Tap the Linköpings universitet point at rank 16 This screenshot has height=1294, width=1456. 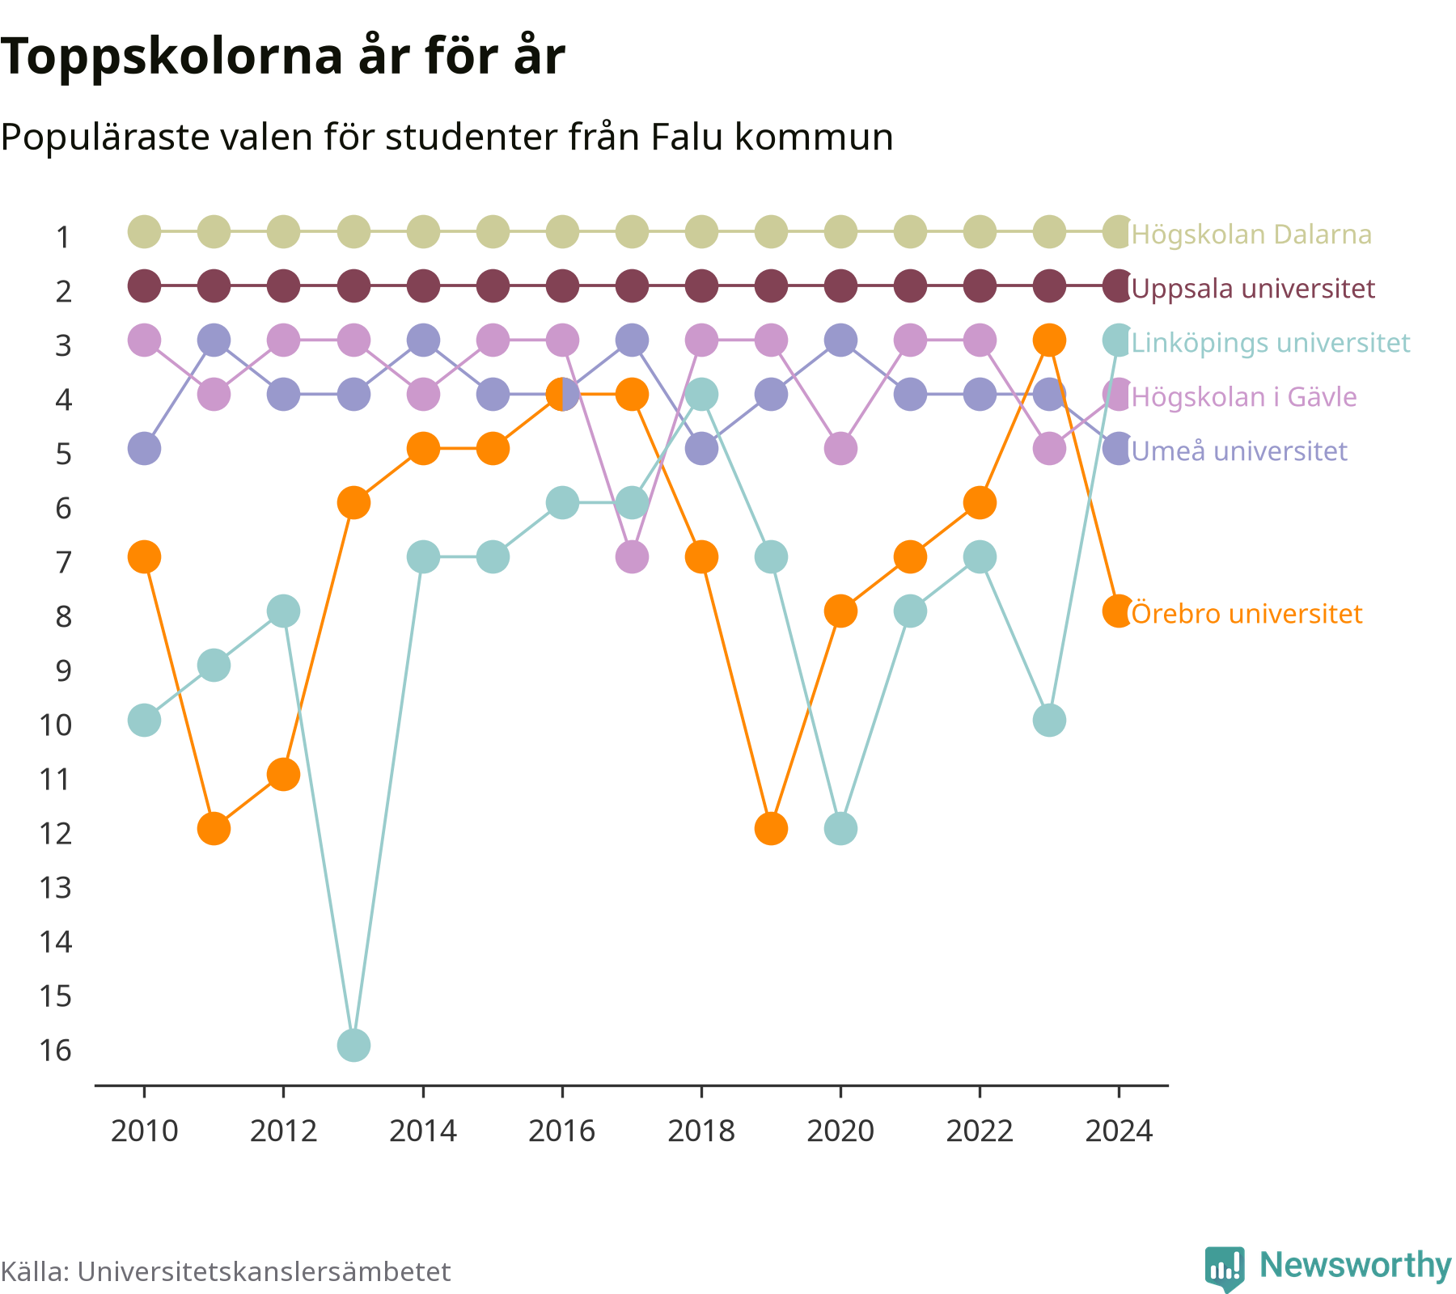pos(353,1045)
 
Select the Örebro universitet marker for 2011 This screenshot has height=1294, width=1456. pos(214,828)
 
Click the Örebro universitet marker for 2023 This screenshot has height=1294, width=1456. pos(1049,340)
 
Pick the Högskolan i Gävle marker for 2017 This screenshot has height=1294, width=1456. pos(632,557)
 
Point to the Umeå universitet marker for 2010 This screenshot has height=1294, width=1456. pos(145,449)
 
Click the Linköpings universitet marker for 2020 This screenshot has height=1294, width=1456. pos(840,828)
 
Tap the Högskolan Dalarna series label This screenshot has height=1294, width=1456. pos(1251,235)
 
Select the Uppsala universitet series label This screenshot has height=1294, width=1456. pos(1253,289)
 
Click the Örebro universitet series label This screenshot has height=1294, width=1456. pos(1246,614)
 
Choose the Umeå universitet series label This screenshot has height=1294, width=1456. pos(1239,450)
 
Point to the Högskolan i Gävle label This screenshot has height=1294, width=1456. pos(1244,397)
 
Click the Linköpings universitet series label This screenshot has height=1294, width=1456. pos(1271,343)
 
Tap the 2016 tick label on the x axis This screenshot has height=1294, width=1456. pos(562,1131)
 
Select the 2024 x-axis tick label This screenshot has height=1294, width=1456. pos(1119,1131)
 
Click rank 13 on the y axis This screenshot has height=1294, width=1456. pos(55,888)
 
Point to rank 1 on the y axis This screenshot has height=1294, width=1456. pos(63,237)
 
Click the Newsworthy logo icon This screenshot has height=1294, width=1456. pos(1225,1268)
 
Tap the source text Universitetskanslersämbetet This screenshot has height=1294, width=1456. pos(264,1272)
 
